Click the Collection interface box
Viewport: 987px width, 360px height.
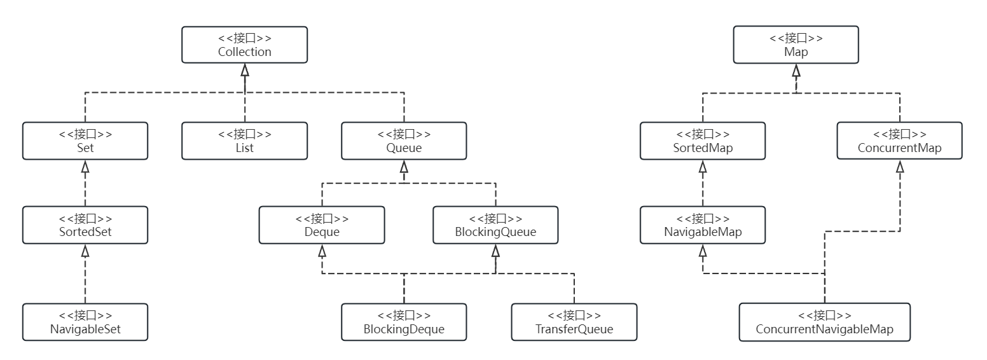(x=244, y=45)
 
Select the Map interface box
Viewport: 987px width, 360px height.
(x=796, y=45)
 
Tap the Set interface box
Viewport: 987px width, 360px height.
(x=85, y=141)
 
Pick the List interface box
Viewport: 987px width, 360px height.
(x=244, y=141)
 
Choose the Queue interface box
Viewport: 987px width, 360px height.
(x=404, y=141)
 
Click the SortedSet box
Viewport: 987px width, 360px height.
(x=85, y=225)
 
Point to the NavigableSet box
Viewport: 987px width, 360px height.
(x=85, y=322)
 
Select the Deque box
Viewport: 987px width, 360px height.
(x=322, y=225)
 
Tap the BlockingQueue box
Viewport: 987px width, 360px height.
(x=495, y=225)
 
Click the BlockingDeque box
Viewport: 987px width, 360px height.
(x=404, y=322)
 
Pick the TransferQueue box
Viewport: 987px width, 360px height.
(x=574, y=322)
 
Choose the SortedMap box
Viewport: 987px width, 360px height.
(x=703, y=141)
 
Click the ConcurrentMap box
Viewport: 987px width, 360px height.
(x=899, y=141)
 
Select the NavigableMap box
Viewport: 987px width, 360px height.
(x=703, y=225)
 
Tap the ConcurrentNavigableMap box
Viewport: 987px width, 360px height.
(x=824, y=322)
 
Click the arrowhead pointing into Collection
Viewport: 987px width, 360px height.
(x=244, y=70)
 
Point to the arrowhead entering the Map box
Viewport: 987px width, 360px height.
(x=796, y=70)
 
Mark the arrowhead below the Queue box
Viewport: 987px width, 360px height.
(x=404, y=167)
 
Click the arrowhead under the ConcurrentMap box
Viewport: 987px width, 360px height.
(x=899, y=167)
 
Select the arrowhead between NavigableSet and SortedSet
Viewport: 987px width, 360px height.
(x=85, y=251)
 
